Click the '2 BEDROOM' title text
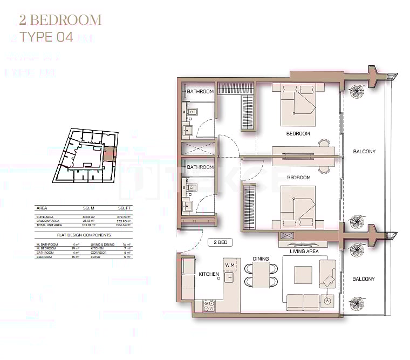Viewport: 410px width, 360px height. [x=60, y=21]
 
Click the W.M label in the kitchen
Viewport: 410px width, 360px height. [x=229, y=265]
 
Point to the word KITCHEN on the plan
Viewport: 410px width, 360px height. [x=209, y=274]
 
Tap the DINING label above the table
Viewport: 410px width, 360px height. [x=261, y=259]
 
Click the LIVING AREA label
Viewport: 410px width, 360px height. [x=304, y=251]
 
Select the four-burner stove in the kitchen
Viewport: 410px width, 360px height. [x=209, y=305]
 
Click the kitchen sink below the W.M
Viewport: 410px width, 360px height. [x=229, y=277]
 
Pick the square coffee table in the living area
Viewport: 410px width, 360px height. [x=302, y=275]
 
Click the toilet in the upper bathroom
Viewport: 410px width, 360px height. [x=192, y=112]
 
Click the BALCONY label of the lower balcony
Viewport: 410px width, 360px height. [x=364, y=279]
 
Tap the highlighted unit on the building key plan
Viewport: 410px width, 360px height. [x=110, y=153]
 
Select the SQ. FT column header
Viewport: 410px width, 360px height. [x=125, y=208]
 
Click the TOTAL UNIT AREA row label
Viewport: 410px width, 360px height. [x=49, y=225]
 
